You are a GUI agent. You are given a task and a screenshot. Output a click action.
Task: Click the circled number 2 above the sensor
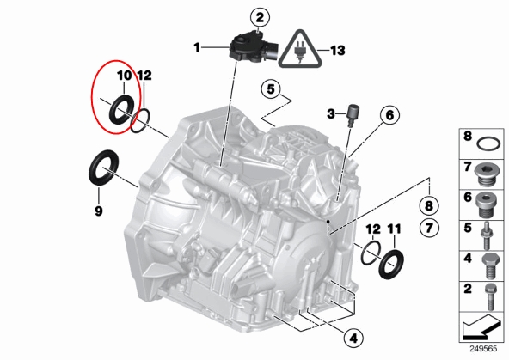260,18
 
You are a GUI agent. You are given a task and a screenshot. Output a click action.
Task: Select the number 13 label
338,51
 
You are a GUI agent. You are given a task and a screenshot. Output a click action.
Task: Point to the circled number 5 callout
272,88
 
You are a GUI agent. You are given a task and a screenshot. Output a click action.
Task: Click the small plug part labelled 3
353,115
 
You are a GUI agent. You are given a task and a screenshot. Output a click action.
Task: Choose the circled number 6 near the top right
389,115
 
